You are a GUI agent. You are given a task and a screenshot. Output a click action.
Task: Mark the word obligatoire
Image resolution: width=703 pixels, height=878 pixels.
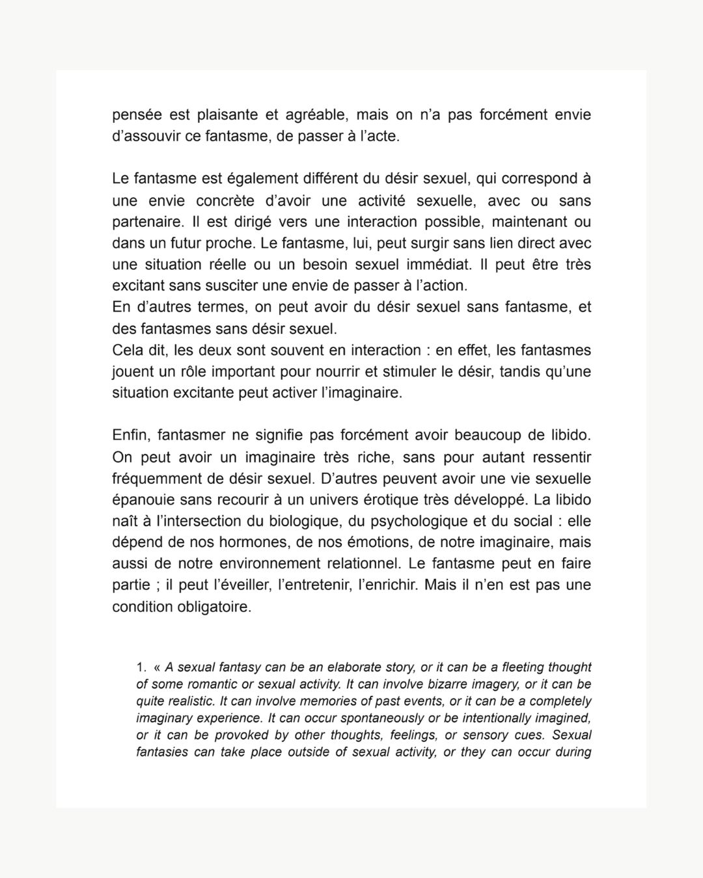pos(212,607)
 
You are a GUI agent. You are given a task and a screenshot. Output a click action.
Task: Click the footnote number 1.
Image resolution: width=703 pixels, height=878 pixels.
pos(141,667)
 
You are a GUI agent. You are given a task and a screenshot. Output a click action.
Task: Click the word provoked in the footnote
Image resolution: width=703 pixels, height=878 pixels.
pos(228,735)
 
